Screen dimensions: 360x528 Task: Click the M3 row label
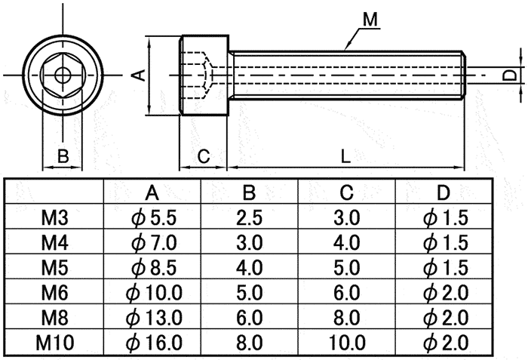click(54, 219)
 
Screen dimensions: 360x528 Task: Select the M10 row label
click(54, 343)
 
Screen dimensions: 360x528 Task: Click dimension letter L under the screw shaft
click(345, 157)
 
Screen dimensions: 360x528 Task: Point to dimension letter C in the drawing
click(203, 157)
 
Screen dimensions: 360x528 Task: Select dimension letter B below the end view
click(63, 157)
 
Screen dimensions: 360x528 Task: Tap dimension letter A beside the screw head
click(138, 74)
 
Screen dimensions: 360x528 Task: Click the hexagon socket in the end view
click(63, 75)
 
